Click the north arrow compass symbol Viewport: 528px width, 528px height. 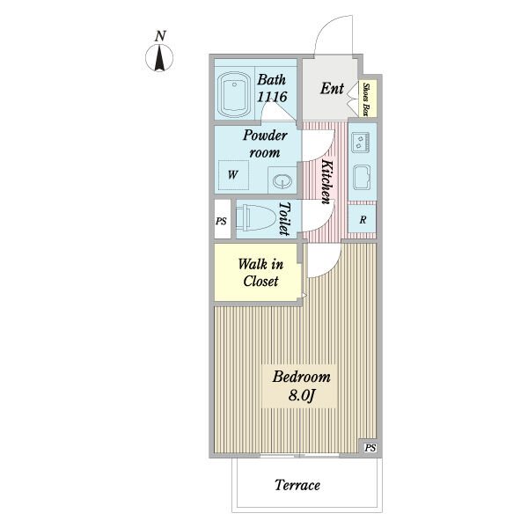159,58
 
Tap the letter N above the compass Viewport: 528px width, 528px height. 160,36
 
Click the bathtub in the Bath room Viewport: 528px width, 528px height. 234,94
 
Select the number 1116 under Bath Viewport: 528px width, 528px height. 272,97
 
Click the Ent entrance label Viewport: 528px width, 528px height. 332,89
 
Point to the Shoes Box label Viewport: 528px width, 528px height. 366,99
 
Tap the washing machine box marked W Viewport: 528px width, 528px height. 233,175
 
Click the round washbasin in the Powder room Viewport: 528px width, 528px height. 282,181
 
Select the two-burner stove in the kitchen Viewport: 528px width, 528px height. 361,142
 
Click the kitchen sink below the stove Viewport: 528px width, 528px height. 362,177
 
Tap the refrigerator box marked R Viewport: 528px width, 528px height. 362,219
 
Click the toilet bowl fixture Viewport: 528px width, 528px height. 256,217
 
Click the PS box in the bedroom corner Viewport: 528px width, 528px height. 370,448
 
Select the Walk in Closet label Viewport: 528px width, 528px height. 260,273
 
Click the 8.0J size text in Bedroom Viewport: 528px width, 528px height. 301,395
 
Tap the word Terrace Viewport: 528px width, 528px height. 297,485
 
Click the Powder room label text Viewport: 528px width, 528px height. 265,143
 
